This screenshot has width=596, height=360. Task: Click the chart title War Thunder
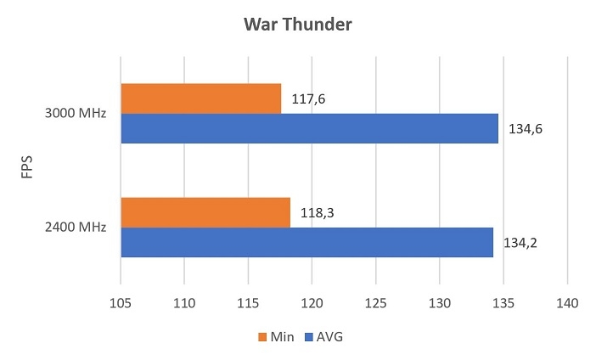click(x=297, y=24)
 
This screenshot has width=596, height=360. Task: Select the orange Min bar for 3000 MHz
click(x=200, y=98)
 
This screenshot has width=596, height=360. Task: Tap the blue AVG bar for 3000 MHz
click(x=309, y=128)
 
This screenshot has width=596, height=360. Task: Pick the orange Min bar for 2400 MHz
click(x=205, y=212)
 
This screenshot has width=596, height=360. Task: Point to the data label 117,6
click(x=309, y=99)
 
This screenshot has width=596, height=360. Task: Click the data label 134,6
click(x=526, y=129)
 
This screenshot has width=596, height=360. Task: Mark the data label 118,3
click(x=315, y=213)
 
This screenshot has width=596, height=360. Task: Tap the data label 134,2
click(x=520, y=243)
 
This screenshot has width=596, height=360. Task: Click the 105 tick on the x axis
click(x=121, y=303)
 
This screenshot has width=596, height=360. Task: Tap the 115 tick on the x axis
click(x=248, y=303)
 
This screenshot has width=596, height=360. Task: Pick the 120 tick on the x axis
click(x=312, y=303)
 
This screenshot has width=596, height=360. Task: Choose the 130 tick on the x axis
click(x=439, y=303)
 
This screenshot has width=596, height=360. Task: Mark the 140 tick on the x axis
click(x=566, y=303)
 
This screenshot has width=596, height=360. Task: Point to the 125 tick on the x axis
click(x=375, y=303)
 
